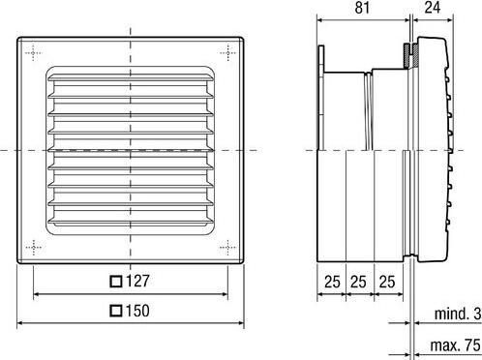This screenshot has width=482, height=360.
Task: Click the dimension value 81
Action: tap(363, 10)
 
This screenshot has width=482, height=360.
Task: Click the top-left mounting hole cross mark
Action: tap(36, 51)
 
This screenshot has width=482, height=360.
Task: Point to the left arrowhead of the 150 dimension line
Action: tap(20, 323)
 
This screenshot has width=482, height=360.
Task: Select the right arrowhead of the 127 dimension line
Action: tap(226, 295)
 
